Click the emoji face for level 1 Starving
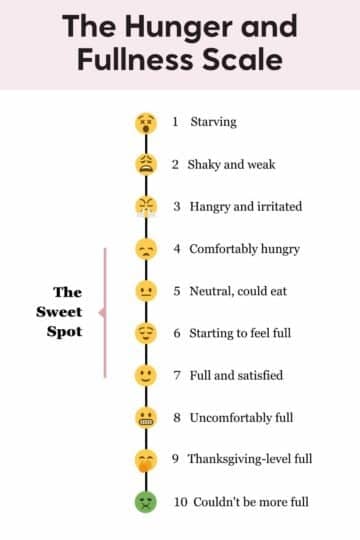(146, 123)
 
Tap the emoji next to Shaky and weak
(146, 165)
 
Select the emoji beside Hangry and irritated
(146, 207)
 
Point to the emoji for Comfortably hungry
(146, 249)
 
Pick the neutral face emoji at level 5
(146, 291)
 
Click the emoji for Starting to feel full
(146, 333)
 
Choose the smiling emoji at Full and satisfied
(146, 375)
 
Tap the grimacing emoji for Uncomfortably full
(146, 417)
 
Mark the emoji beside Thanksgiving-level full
(146, 459)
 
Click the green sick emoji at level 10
(146, 501)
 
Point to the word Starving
(212, 122)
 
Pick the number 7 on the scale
(176, 375)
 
